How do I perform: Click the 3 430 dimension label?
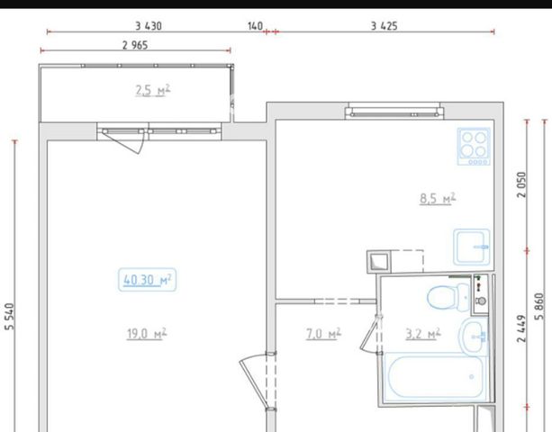point(149,26)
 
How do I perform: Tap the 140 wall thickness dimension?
point(255,26)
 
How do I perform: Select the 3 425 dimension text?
point(385,26)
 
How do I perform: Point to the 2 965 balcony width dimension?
point(135,45)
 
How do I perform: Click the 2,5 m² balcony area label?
point(153,90)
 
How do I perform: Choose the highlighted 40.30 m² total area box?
point(147,280)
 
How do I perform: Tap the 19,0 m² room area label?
point(147,334)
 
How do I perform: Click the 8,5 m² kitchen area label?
point(438,198)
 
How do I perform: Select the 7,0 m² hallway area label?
point(323,334)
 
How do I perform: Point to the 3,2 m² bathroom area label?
point(423,334)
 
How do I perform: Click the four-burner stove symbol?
point(474,147)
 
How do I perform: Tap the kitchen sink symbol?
point(471,247)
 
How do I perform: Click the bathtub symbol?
point(436,377)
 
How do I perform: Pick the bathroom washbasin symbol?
point(474,337)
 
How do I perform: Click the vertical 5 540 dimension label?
point(10,317)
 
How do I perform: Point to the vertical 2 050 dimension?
point(521,184)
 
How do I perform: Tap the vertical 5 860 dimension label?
point(539,306)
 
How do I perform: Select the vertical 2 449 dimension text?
point(521,328)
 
